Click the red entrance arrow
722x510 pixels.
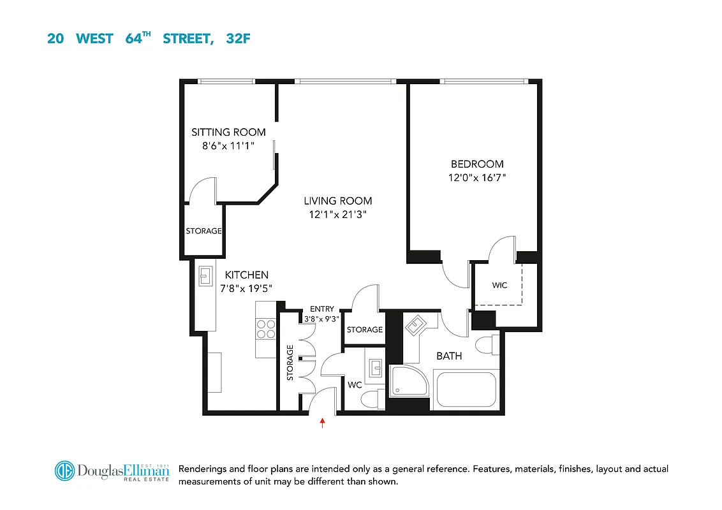323,421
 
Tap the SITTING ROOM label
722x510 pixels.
228,133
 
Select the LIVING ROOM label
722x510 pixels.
337,201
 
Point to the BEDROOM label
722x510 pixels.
477,164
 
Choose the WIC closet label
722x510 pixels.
499,285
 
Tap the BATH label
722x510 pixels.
449,356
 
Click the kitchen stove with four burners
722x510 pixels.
266,328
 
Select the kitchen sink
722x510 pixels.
205,275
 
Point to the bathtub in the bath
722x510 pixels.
464,390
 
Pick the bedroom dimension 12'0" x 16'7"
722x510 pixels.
477,178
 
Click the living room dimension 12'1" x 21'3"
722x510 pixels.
337,215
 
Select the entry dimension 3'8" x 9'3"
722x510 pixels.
322,319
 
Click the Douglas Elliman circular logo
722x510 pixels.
64,471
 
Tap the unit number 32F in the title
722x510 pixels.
238,38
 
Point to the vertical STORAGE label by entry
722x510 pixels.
290,363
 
